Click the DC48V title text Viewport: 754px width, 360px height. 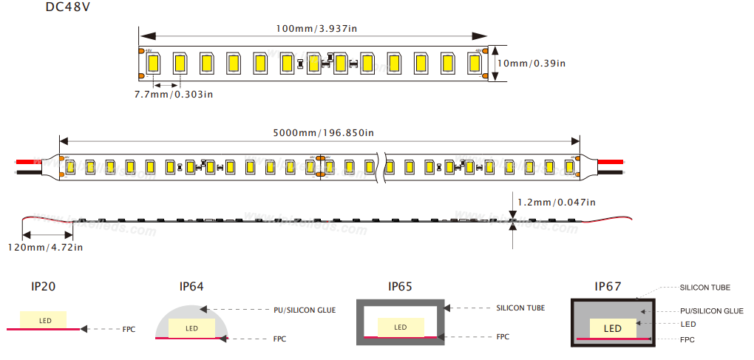tap(68, 7)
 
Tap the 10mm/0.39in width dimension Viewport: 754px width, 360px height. tap(531, 64)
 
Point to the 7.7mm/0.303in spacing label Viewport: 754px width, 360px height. tap(174, 94)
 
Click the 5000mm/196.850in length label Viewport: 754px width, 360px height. tap(323, 133)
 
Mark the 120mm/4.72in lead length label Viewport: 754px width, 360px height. tap(46, 247)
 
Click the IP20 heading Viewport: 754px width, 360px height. tap(44, 286)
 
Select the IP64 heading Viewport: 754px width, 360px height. tap(191, 286)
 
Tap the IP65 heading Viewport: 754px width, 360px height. tap(400, 286)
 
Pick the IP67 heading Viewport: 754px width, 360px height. tap(608, 286)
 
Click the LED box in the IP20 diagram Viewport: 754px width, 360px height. tap(44, 320)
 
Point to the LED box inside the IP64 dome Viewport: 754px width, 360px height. tap(191, 328)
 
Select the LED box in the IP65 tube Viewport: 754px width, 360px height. tap(400, 327)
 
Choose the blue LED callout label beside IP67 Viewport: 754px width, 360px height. tap(687, 324)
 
